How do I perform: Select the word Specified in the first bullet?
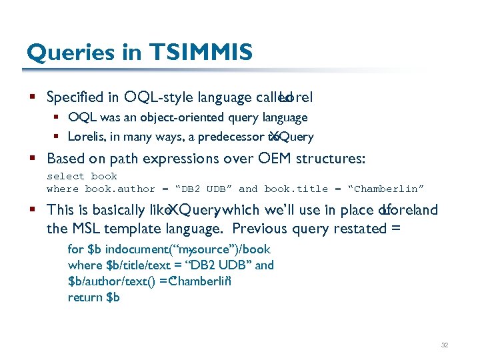point(76,97)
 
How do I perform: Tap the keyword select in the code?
point(65,177)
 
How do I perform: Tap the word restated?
point(357,229)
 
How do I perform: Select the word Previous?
point(267,229)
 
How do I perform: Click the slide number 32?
point(445,345)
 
